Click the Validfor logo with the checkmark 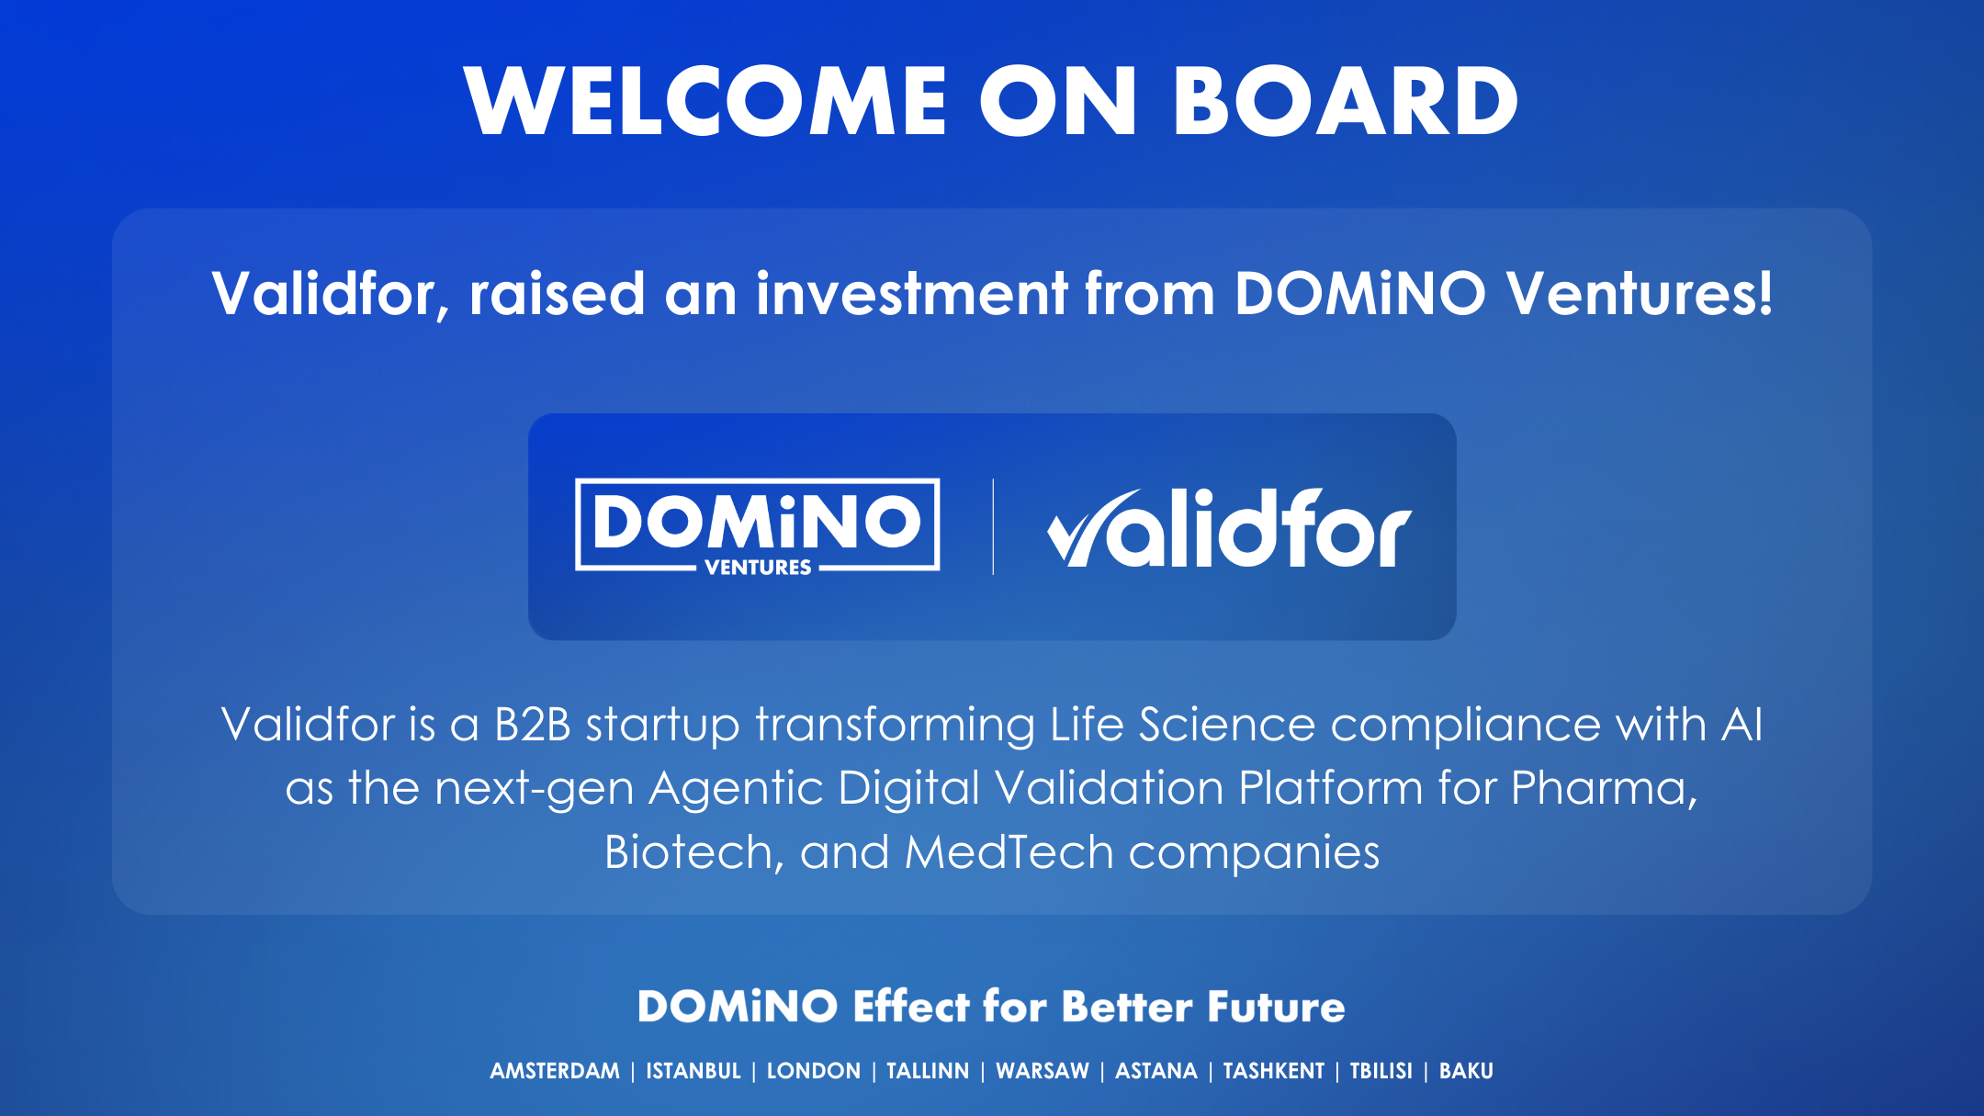(x=1229, y=527)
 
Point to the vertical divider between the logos (x=993, y=527)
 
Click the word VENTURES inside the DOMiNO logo (x=758, y=568)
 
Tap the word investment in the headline (x=911, y=294)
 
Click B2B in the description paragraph (x=533, y=724)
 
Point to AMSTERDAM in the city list (x=555, y=1071)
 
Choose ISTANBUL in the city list (x=693, y=1071)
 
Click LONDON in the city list (x=814, y=1071)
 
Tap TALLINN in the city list (x=928, y=1071)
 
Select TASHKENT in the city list (x=1274, y=1071)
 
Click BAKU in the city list (x=1466, y=1071)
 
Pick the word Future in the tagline (x=1276, y=1007)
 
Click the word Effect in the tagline (x=911, y=1007)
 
